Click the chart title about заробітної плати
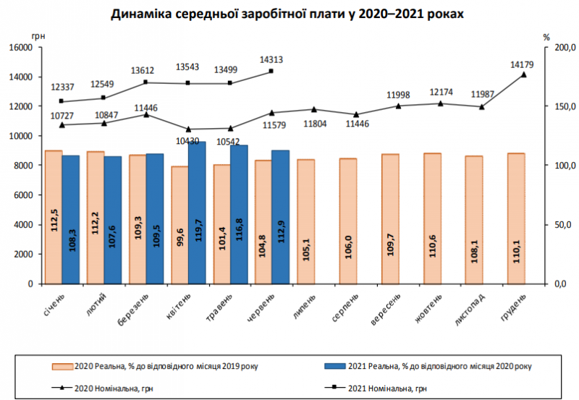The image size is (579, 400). click(287, 14)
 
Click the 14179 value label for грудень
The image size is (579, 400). click(521, 65)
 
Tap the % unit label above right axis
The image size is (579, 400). click(546, 35)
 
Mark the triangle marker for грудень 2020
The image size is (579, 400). click(524, 75)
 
